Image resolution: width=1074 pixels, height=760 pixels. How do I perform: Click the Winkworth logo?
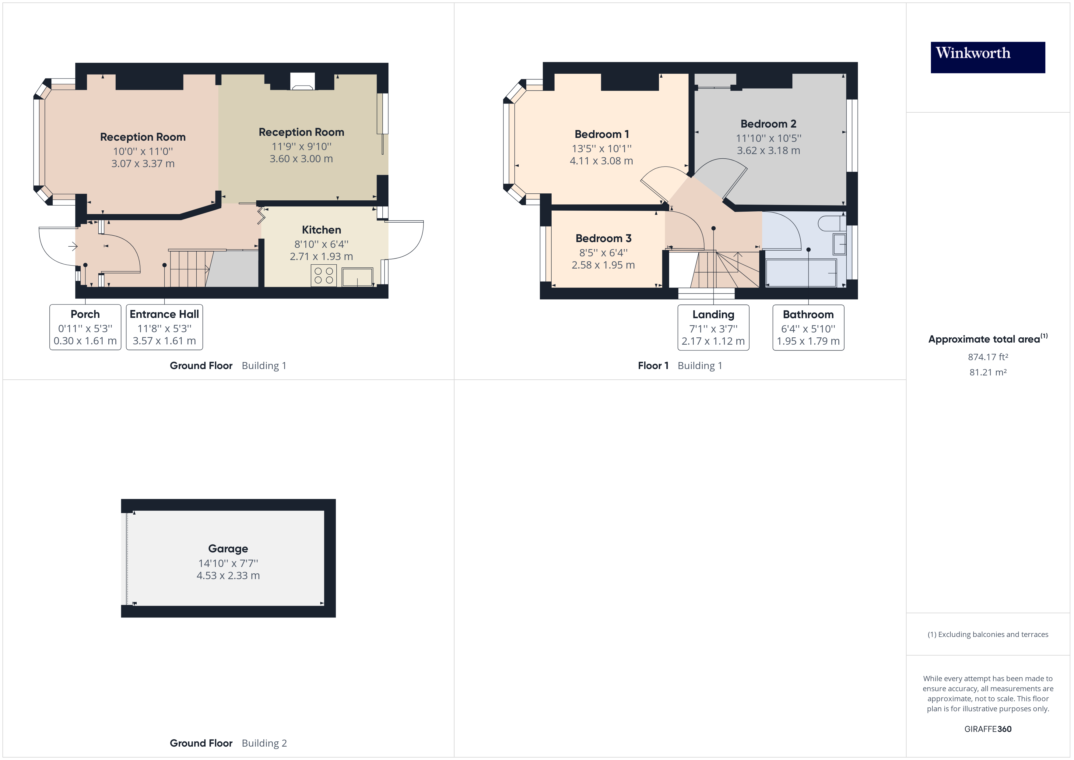(x=988, y=57)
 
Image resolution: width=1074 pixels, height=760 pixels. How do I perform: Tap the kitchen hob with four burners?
(x=324, y=275)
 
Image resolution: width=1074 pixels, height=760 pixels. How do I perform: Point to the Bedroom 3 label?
(x=603, y=238)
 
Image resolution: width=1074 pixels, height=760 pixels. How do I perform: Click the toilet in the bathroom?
(x=831, y=223)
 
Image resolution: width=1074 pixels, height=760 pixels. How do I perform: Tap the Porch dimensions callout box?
(x=85, y=327)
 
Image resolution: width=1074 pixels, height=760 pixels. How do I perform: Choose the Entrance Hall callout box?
(x=164, y=327)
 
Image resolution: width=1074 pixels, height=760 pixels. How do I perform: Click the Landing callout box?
(x=713, y=328)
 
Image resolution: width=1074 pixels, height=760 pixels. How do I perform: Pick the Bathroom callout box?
(x=808, y=328)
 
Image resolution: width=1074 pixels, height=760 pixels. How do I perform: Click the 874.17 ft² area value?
(x=988, y=357)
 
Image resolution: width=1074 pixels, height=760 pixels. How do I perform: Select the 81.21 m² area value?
(x=988, y=372)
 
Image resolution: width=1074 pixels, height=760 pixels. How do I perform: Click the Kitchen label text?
(x=321, y=230)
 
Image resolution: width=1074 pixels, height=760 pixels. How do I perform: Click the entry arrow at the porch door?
(x=72, y=246)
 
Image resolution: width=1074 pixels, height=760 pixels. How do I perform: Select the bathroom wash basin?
(x=840, y=244)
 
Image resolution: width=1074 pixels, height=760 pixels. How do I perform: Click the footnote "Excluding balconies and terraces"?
(x=988, y=635)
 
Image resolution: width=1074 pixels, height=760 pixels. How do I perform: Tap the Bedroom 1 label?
(x=602, y=134)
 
